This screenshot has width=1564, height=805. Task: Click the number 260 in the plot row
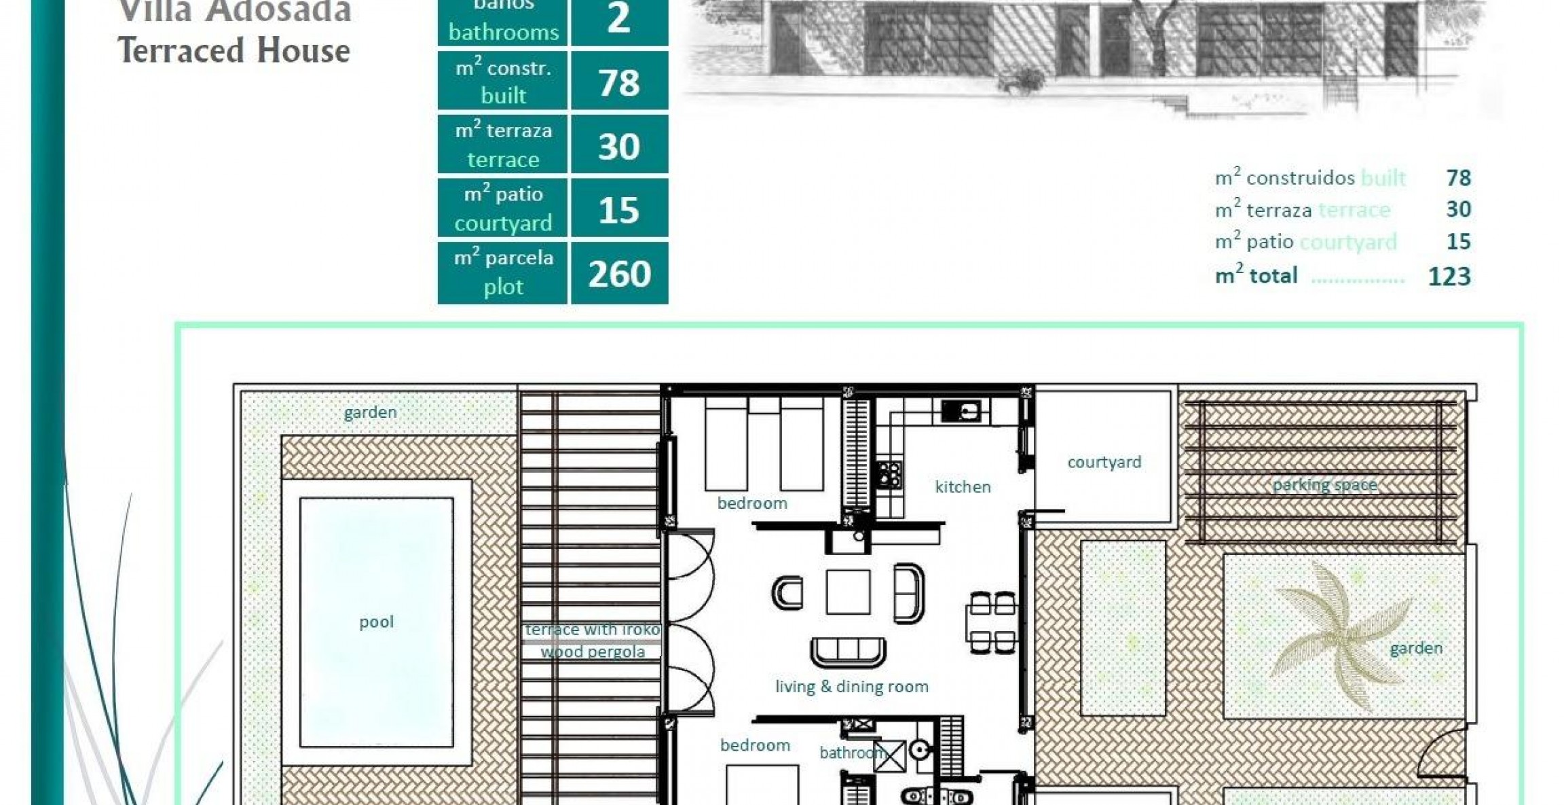pos(619,274)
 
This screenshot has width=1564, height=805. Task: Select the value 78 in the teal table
pos(619,82)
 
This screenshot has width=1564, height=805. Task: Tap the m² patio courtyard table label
pos(503,209)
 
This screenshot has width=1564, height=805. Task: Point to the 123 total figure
pos(1449,276)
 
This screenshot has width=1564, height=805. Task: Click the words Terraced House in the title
pos(234,51)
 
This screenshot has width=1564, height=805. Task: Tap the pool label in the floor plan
pos(376,622)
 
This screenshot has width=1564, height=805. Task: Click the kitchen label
pos(963,487)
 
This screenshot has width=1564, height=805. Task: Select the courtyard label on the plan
pos(1104,462)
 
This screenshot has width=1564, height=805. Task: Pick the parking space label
pos(1324,484)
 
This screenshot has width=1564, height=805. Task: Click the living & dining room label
pos(851,686)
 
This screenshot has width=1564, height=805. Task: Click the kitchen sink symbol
pos(961,410)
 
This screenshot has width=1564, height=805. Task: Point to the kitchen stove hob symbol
pos(889,474)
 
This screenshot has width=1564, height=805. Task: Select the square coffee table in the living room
pos(848,592)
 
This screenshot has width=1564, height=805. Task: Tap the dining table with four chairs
pos(992,622)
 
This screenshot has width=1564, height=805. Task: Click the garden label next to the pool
pos(370,412)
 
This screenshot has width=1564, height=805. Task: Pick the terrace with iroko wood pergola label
pos(592,640)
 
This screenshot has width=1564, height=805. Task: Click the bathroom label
pos(850,753)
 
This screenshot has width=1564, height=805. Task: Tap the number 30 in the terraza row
pos(619,146)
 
